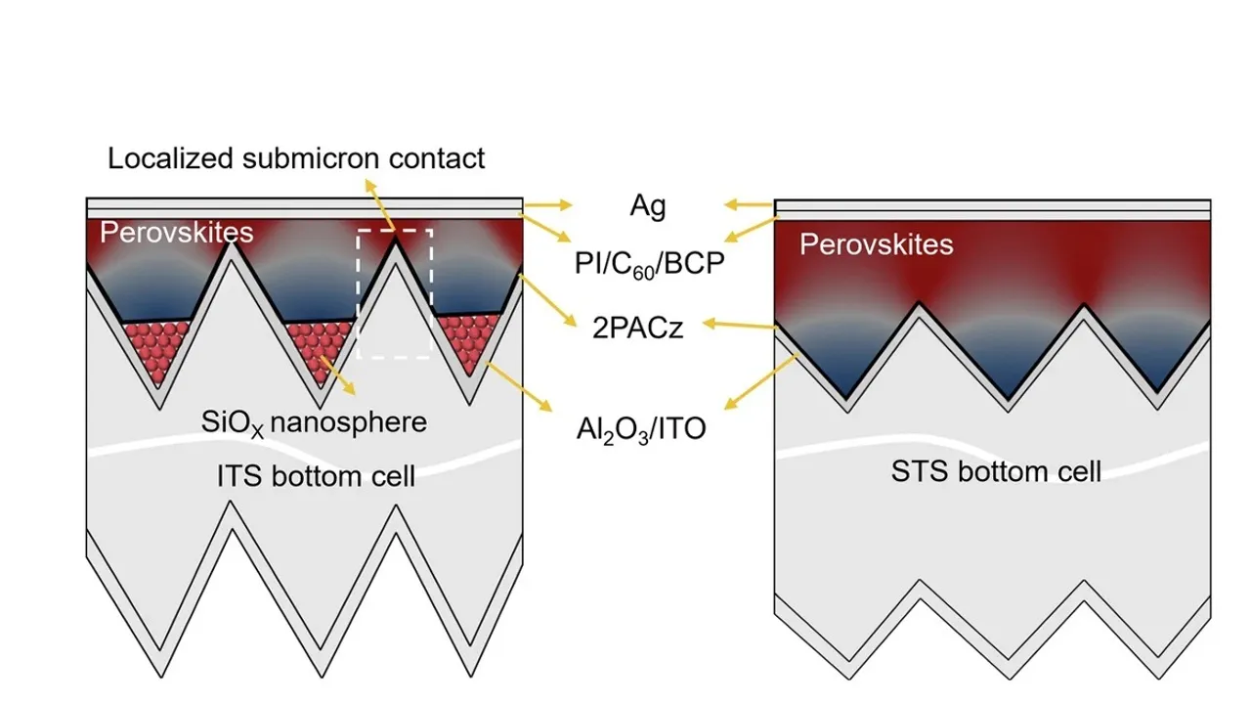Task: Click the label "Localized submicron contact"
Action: [296, 158]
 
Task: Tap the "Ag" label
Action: [647, 206]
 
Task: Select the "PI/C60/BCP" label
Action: [648, 263]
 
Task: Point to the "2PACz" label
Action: [637, 328]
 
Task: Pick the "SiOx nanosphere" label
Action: [315, 422]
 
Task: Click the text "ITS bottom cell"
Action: [316, 476]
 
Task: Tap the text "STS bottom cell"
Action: [996, 471]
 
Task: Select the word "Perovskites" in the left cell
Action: [177, 233]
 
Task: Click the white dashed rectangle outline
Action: [360, 293]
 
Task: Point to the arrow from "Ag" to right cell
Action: [749, 206]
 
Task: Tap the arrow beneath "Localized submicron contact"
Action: [382, 207]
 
